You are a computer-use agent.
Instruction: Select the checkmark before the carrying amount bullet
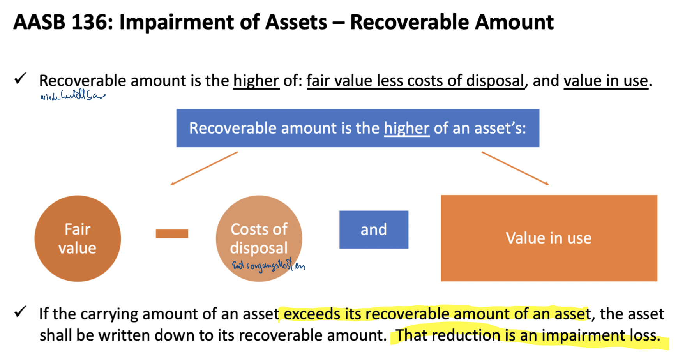(20, 312)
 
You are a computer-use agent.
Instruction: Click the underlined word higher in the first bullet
(256, 81)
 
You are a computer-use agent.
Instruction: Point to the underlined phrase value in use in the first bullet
(606, 81)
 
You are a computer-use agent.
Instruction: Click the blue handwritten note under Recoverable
(72, 95)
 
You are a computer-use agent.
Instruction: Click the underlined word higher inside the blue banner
(406, 128)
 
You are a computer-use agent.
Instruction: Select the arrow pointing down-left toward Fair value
(204, 168)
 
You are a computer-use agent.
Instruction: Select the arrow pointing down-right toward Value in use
(515, 168)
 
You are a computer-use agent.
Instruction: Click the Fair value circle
(78, 238)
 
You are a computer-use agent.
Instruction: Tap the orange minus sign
(172, 233)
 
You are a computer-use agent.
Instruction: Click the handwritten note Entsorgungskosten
(268, 266)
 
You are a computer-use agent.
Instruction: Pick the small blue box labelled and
(374, 230)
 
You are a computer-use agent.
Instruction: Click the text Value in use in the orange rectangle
(549, 238)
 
